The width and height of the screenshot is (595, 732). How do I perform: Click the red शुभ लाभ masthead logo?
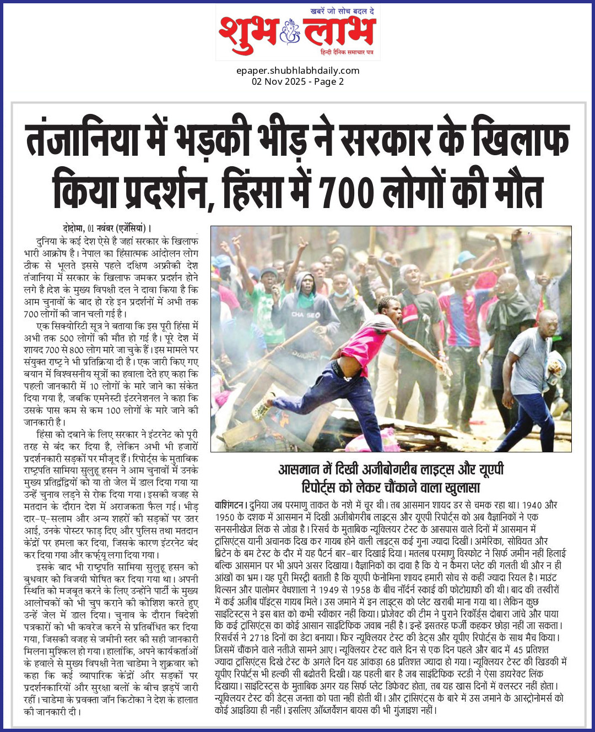[297, 34]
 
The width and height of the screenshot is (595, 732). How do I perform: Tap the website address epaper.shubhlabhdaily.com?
[297, 70]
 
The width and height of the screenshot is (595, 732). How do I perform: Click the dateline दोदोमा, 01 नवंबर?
[88, 228]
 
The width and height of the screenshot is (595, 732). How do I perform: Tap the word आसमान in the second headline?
[299, 469]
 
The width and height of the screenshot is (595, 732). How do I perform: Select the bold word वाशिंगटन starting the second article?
[230, 505]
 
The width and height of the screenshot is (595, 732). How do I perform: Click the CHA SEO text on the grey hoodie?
[306, 315]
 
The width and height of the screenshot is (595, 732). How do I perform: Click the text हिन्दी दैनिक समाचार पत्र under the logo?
[347, 52]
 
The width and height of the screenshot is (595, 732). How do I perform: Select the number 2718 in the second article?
[259, 638]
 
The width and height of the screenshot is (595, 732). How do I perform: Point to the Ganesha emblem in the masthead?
[290, 31]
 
